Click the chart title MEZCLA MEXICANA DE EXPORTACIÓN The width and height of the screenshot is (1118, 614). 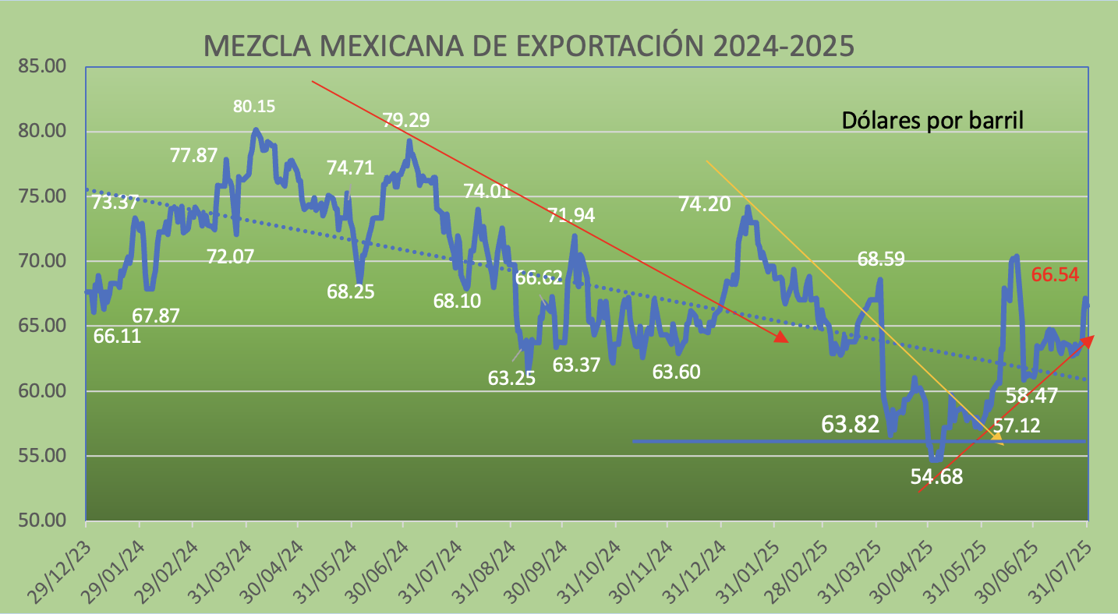click(529, 46)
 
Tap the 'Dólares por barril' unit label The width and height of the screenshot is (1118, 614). click(932, 121)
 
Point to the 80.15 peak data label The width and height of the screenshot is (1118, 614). click(254, 106)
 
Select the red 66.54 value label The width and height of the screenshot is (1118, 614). click(1056, 274)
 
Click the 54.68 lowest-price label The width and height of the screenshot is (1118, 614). click(936, 477)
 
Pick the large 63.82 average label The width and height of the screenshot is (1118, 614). click(850, 424)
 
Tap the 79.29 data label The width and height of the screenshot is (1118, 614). click(405, 120)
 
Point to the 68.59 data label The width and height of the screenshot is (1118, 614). click(881, 259)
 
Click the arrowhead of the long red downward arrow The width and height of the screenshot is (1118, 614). click(780, 337)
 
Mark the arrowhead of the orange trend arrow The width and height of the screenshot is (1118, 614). click(997, 440)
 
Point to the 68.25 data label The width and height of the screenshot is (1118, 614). click(351, 292)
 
